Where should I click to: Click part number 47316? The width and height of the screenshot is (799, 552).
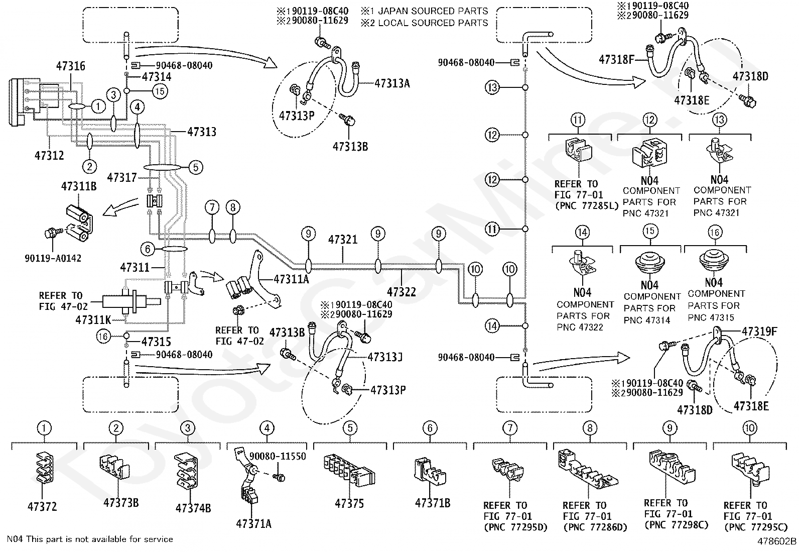pos(71,66)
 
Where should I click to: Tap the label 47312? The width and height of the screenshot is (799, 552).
pos(49,155)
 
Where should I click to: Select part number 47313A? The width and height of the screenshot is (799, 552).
pos(392,83)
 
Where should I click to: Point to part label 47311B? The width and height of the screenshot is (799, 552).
pos(79,186)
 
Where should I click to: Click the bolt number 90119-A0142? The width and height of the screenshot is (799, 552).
pos(53,258)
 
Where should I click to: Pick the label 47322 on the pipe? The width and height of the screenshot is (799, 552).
pos(402,292)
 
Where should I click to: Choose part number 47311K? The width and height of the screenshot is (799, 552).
pos(93,320)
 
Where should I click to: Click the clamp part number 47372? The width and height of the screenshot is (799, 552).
pos(42,506)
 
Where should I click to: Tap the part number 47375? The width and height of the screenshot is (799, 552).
pos(349,503)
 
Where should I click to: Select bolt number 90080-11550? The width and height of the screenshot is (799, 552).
pos(278,456)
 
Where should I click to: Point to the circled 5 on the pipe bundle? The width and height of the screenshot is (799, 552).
pos(195,167)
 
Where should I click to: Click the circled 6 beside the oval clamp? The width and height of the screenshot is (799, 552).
pos(148,249)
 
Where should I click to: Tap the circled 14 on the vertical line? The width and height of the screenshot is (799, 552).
pos(492,325)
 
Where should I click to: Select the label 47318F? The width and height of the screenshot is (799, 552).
pos(616,59)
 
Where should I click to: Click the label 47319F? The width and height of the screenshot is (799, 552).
pos(759,332)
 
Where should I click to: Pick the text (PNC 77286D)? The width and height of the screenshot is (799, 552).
pos(595,527)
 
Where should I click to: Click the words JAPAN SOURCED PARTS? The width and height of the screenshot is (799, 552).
pos(433,11)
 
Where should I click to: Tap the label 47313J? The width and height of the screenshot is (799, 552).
pos(385,357)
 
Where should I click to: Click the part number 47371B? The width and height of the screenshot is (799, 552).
pos(433,503)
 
